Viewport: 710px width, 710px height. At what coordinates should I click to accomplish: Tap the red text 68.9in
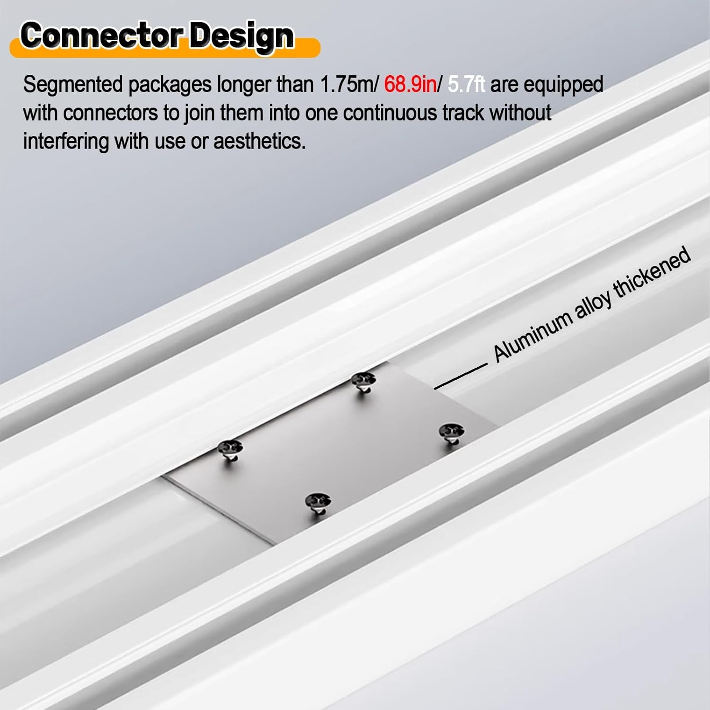click(x=410, y=85)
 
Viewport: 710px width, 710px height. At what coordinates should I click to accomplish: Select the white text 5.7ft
click(x=466, y=85)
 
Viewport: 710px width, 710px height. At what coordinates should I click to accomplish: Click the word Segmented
click(x=73, y=85)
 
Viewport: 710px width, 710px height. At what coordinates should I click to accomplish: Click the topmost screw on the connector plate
click(x=364, y=380)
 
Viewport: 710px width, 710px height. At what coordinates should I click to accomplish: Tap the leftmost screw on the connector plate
click(x=230, y=448)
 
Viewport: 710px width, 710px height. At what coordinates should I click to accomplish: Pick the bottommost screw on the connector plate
click(x=318, y=501)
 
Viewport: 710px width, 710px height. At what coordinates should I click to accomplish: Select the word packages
click(x=169, y=85)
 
